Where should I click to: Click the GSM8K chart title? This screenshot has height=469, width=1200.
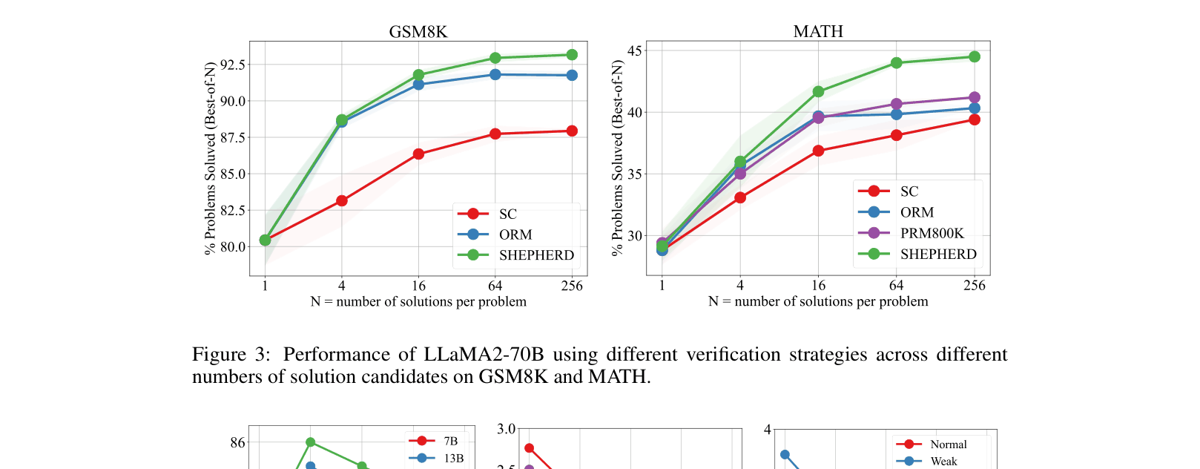pyautogui.click(x=418, y=32)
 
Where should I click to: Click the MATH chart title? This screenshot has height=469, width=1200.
pyautogui.click(x=818, y=31)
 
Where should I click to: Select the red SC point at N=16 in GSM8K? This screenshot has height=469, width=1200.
pyautogui.click(x=418, y=154)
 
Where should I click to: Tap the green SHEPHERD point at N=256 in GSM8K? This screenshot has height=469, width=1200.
pyautogui.click(x=572, y=55)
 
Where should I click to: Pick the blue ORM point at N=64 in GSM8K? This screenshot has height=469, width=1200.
pyautogui.click(x=495, y=74)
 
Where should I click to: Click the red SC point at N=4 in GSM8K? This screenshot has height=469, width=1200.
pyautogui.click(x=342, y=200)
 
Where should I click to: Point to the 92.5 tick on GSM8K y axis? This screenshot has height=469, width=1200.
pyautogui.click(x=232, y=65)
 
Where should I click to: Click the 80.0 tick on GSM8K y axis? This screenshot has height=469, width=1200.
pyautogui.click(x=232, y=246)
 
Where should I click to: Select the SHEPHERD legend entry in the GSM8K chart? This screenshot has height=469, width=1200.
pyautogui.click(x=535, y=255)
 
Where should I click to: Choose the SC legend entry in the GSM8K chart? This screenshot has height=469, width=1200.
pyautogui.click(x=507, y=214)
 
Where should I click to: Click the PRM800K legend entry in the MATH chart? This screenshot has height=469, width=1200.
pyautogui.click(x=932, y=233)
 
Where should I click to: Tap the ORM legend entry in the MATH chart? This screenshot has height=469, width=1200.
pyautogui.click(x=917, y=212)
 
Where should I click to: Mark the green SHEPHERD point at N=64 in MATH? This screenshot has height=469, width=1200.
pyautogui.click(x=897, y=63)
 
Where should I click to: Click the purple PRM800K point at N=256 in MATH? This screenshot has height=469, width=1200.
pyautogui.click(x=975, y=97)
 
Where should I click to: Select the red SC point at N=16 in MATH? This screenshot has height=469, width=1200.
pyautogui.click(x=818, y=151)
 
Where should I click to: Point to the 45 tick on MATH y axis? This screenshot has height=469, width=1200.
pyautogui.click(x=634, y=50)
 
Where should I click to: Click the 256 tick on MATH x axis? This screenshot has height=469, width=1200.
pyautogui.click(x=975, y=286)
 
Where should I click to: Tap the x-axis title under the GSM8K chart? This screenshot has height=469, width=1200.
pyautogui.click(x=418, y=302)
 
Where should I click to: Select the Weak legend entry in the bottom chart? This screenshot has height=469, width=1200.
pyautogui.click(x=943, y=462)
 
